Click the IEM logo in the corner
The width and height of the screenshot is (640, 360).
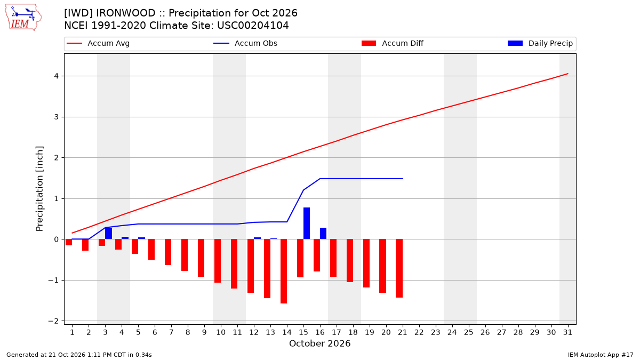click(x=23, y=18)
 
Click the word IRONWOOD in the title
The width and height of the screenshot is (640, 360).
click(x=126, y=13)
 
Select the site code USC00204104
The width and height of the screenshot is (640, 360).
click(x=253, y=26)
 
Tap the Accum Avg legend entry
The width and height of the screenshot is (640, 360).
click(x=98, y=43)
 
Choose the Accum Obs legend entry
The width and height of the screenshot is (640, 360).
click(x=245, y=43)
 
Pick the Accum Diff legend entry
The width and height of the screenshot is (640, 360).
click(x=393, y=43)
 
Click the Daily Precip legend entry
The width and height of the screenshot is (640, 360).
click(x=540, y=43)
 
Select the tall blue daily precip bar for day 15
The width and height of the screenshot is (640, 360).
click(x=307, y=223)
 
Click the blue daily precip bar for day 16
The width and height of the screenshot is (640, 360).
click(x=323, y=234)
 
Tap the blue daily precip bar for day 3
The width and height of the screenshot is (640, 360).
click(x=109, y=234)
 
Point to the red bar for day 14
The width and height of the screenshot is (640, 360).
click(x=284, y=271)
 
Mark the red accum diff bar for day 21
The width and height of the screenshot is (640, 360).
click(x=399, y=268)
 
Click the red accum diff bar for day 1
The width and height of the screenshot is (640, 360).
click(x=69, y=242)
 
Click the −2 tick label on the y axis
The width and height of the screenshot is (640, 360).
click(x=53, y=321)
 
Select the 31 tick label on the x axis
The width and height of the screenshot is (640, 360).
click(x=567, y=332)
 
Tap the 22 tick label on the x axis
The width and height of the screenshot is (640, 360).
click(x=419, y=332)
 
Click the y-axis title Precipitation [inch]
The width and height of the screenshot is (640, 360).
click(x=39, y=189)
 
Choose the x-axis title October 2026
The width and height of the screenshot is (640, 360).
click(x=319, y=343)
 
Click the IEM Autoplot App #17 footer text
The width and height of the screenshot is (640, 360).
click(x=601, y=355)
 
